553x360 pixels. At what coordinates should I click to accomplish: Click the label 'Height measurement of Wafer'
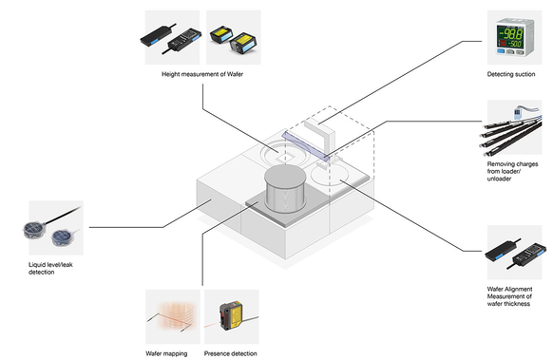[x=202, y=74]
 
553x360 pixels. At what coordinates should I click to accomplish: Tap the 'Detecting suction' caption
[x=511, y=74]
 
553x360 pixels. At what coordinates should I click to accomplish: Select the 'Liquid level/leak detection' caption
[x=50, y=268]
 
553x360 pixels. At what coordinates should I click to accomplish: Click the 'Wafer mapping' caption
[x=166, y=353]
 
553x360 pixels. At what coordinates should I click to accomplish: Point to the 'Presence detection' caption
[x=230, y=353]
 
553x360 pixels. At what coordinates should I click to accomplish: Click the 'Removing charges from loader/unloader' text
[x=512, y=171]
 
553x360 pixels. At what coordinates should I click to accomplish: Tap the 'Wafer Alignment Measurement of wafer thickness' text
[x=509, y=296]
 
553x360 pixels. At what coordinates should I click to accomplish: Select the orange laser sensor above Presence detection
[x=231, y=316]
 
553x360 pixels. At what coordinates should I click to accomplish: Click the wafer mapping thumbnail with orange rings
[x=173, y=316]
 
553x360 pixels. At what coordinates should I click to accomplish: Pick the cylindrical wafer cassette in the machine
[x=285, y=188]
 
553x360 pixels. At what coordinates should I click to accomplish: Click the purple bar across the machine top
[x=306, y=146]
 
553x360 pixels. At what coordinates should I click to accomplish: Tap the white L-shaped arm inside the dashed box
[x=319, y=134]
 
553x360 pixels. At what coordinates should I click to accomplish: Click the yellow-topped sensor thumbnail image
[x=234, y=37]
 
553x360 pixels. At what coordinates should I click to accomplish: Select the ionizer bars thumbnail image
[x=514, y=127]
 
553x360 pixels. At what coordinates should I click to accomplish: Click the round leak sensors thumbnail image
[x=56, y=228]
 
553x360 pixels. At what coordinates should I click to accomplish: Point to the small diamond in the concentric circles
[x=286, y=158]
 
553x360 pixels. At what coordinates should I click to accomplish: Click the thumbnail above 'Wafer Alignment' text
[x=514, y=253]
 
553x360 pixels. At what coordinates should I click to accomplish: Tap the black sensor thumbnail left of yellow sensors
[x=172, y=37]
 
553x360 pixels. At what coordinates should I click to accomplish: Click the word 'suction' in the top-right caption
[x=524, y=74]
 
